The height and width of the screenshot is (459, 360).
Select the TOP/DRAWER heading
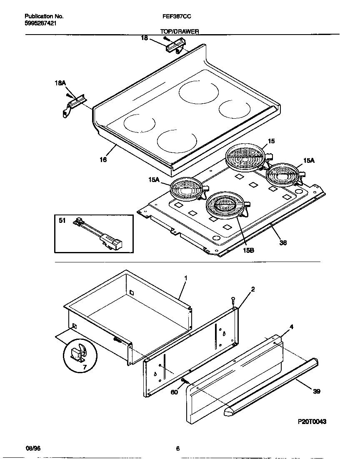click(x=180, y=31)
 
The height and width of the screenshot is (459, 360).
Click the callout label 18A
click(x=60, y=83)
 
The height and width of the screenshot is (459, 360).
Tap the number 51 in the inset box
click(x=62, y=221)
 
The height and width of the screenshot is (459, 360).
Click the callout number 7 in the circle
click(x=85, y=367)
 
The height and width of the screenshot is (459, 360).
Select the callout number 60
click(x=175, y=392)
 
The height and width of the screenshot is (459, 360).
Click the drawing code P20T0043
click(x=312, y=422)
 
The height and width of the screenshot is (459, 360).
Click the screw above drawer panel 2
click(x=234, y=300)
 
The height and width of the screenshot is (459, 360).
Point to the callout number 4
click(x=291, y=327)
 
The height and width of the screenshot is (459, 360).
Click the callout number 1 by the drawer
click(x=186, y=277)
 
